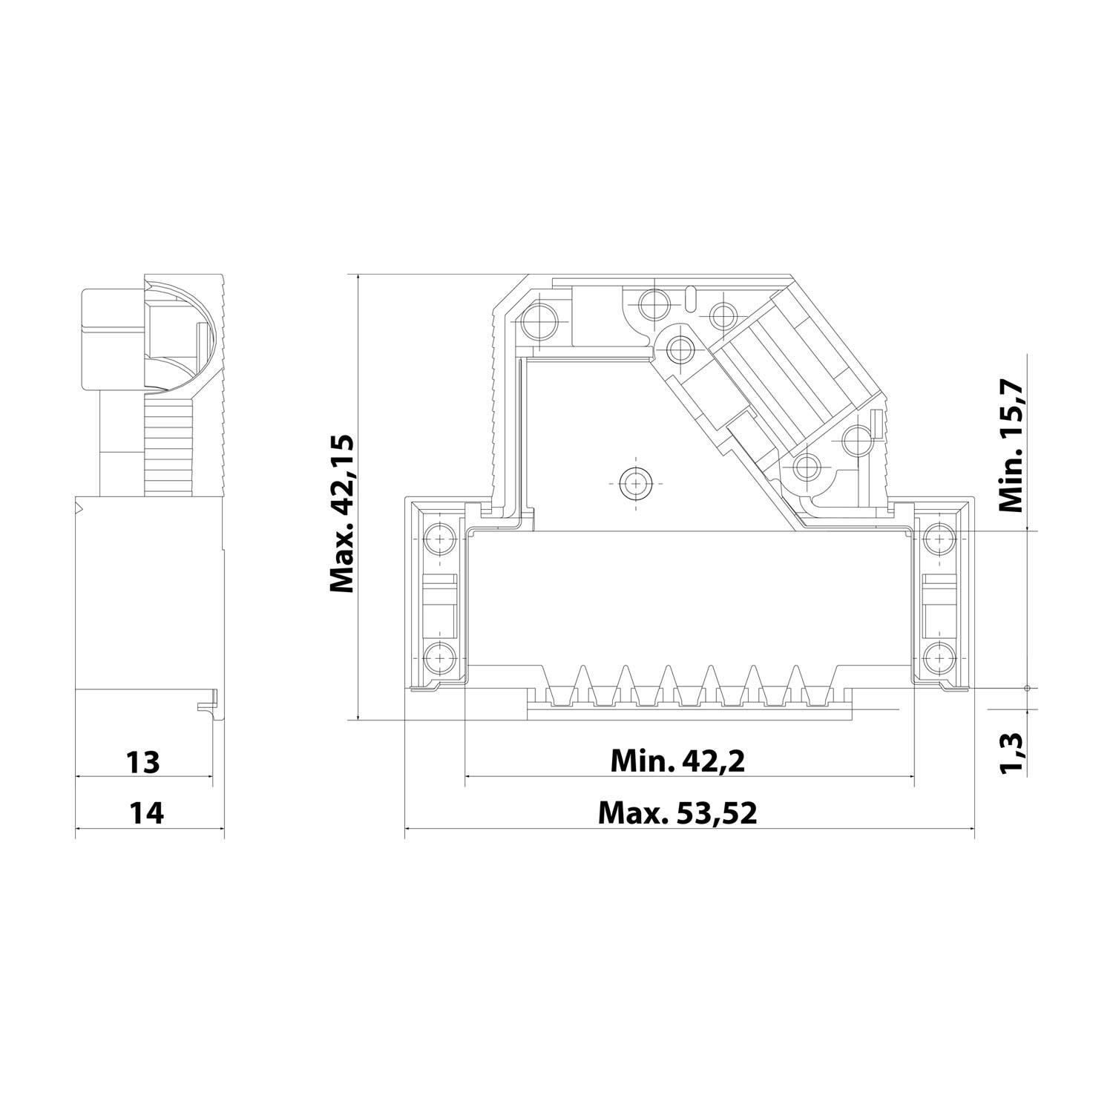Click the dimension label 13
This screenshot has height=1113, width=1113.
[143, 761]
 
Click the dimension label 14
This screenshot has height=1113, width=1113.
[146, 813]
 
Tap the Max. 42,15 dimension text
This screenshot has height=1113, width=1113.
[343, 515]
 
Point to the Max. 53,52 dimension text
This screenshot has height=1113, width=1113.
[677, 813]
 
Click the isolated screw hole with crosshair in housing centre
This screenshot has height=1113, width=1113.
[634, 484]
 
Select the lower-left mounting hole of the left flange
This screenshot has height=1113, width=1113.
[439, 656]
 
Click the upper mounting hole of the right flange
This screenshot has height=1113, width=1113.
[939, 536]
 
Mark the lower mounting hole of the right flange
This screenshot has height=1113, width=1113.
[939, 656]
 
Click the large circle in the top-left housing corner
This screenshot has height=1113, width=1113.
[537, 321]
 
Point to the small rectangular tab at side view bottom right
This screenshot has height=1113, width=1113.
[208, 702]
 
